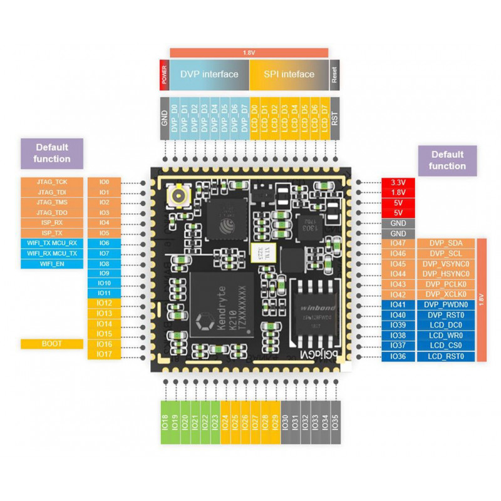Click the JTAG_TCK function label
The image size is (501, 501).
(53, 182)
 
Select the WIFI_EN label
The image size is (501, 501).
(53, 264)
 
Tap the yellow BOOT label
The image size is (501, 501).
(53, 344)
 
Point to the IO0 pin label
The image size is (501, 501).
(104, 182)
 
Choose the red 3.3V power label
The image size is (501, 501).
(398, 182)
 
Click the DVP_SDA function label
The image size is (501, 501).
(446, 243)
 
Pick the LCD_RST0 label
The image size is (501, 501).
(446, 356)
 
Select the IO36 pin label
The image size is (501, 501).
(398, 356)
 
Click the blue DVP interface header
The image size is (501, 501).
(209, 74)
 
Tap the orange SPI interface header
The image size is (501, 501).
(289, 74)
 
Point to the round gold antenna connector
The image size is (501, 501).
(178, 199)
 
